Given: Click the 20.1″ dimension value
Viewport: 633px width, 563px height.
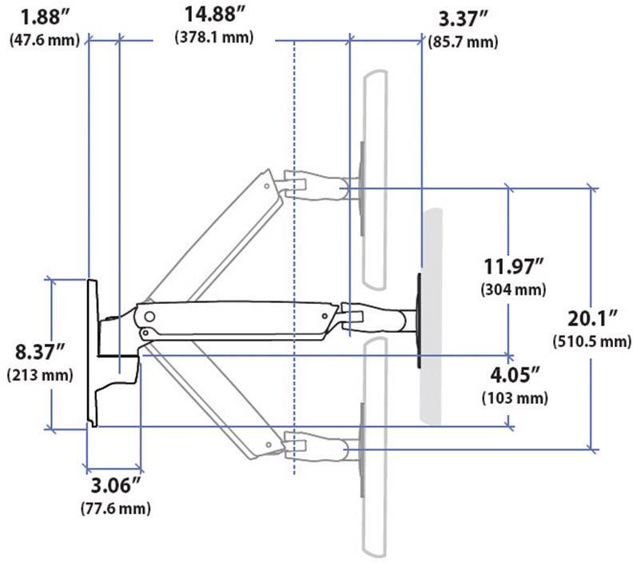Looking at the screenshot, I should tap(592, 319).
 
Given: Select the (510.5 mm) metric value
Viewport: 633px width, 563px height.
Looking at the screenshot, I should tap(592, 341).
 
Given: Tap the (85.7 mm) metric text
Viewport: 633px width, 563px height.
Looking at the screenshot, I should tap(462, 41).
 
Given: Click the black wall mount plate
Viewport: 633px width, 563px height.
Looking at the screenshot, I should tap(91, 352).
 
